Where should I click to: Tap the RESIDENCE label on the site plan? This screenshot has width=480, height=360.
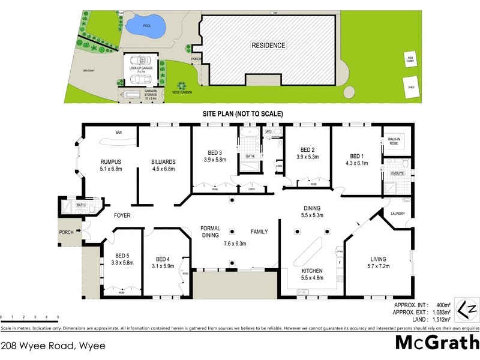[268, 45]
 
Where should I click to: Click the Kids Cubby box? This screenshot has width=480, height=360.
[411, 60]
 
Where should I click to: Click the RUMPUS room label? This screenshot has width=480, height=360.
[110, 161]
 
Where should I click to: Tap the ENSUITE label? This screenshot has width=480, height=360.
[397, 173]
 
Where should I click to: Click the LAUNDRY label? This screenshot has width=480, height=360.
[398, 214]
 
